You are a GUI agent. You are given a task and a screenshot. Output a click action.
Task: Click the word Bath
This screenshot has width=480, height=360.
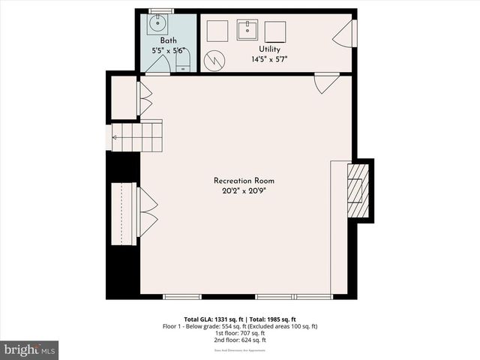point(167,40)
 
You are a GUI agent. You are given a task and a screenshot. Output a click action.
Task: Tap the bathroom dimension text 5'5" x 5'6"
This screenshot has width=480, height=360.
point(167,50)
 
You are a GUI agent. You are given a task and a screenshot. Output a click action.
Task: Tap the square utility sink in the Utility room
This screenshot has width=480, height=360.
point(247,31)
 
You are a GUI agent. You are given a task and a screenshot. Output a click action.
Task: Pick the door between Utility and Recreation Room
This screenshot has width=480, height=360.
point(326,82)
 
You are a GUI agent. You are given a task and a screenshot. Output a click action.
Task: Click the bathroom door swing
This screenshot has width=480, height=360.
point(158,65)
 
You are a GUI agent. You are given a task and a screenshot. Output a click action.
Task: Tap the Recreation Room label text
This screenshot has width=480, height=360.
point(244,181)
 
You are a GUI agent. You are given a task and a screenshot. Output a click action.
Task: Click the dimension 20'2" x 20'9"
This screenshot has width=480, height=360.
point(244,190)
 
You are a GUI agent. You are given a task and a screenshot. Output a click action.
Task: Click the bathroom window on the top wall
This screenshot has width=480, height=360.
point(160,11)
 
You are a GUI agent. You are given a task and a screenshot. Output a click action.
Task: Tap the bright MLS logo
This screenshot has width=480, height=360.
point(29,350)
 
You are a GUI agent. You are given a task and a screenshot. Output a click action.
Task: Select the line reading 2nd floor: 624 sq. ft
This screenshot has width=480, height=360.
point(240,340)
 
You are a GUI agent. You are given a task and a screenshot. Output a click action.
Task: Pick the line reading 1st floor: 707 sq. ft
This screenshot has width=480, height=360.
point(240,333)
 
